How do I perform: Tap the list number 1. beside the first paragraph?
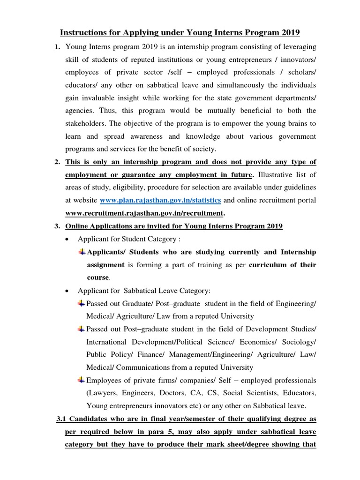pos(57,47)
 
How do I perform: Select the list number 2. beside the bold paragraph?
pos(57,162)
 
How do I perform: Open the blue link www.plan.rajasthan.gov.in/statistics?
pos(160,201)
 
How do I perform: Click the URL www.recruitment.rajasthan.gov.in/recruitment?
pos(144,213)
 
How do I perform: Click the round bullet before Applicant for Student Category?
pos(68,239)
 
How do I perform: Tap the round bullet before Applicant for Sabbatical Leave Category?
pos(68,291)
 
